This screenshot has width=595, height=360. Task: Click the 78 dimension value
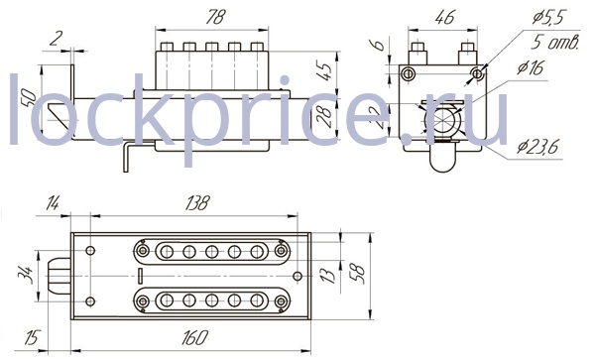point(215,17)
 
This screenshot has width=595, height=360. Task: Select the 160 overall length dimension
point(195,337)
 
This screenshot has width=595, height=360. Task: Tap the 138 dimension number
point(197,203)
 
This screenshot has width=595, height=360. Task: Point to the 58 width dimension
point(358,274)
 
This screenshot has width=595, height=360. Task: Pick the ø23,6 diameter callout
point(537,146)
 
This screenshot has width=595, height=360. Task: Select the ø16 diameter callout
point(531,67)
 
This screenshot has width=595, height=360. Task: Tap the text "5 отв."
point(554,42)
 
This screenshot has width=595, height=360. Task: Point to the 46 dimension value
point(444,17)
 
